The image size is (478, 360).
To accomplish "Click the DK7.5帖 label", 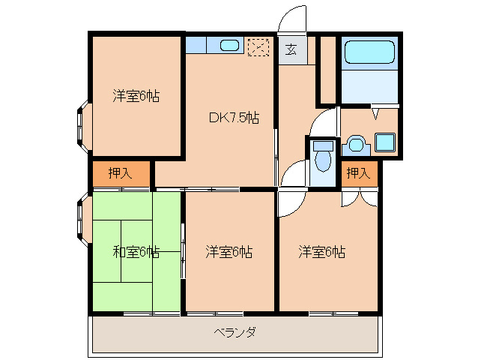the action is (234, 118).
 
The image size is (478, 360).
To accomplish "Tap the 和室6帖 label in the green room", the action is (136, 252).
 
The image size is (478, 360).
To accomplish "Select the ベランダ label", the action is (235, 331).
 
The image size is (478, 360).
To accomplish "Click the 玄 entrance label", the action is (291, 49).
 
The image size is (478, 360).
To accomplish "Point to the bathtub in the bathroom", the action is (369, 52).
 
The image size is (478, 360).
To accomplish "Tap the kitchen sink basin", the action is (229, 46).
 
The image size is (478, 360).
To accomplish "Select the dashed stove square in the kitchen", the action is (258, 47).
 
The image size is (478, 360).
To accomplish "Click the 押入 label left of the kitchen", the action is (121, 173).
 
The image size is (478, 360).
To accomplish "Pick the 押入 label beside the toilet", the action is (358, 173).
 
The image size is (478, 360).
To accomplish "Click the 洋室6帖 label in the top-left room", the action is (136, 96).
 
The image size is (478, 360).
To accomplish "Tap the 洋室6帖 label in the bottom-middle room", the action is (229, 252).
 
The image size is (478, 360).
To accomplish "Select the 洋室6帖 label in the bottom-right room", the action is (322, 252).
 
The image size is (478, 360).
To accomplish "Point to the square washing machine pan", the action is (385, 142).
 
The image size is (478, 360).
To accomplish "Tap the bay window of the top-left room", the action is (83, 126).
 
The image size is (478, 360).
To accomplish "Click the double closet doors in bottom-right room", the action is (360, 198).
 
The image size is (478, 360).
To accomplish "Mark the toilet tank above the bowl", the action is (323, 145).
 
